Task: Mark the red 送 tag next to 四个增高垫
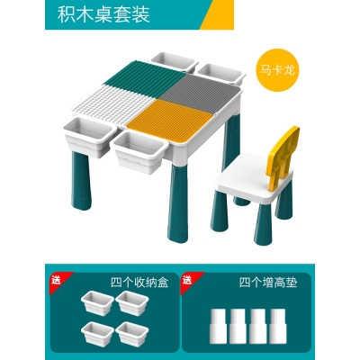click(x=186, y=277)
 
